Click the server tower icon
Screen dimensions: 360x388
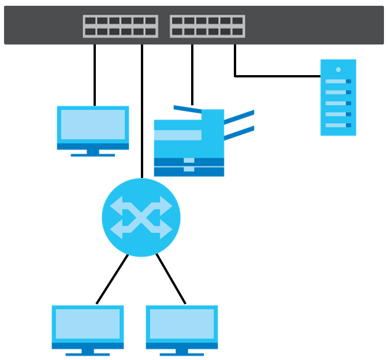tap(338, 97)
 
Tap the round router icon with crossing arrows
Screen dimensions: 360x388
tap(141, 217)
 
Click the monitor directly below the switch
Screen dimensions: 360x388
tap(92, 127)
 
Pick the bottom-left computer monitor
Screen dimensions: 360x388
tap(88, 327)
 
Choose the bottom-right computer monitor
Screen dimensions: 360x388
tap(182, 327)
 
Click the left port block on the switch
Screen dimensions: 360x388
tap(120, 26)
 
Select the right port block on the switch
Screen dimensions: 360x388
tap(207, 26)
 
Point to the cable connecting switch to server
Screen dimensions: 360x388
tap(277, 76)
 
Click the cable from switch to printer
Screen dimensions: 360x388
tap(192, 75)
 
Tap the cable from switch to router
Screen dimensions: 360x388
tap(141, 116)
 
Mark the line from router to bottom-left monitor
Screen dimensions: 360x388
tap(111, 280)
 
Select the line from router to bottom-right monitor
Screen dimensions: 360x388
tap(171, 280)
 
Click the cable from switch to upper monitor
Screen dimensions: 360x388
tap(95, 75)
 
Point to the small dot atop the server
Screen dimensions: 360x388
tap(338, 69)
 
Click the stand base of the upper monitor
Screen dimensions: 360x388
tap(92, 154)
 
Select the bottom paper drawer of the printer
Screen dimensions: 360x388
tap(189, 171)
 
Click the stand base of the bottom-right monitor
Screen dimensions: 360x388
tap(182, 353)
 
